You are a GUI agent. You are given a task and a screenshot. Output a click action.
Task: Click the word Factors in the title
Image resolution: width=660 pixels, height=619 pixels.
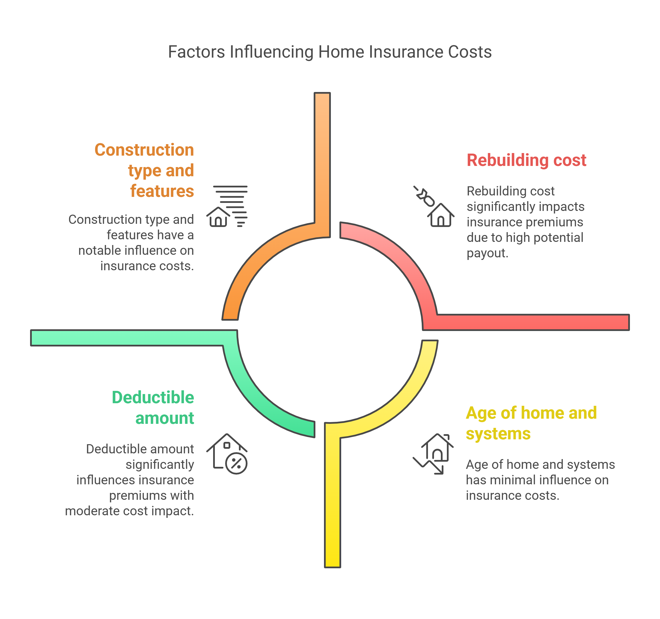tap(196, 52)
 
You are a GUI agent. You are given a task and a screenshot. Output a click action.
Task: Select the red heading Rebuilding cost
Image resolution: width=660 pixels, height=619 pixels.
tap(526, 160)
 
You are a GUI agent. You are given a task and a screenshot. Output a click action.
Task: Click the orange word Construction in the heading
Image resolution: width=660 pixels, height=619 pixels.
tap(144, 150)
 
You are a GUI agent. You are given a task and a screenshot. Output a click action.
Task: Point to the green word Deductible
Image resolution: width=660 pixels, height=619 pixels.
tap(153, 397)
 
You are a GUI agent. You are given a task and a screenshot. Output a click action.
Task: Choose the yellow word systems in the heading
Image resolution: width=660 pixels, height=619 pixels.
tap(498, 434)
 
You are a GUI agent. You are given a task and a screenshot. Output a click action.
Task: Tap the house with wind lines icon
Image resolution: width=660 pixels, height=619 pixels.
tap(227, 207)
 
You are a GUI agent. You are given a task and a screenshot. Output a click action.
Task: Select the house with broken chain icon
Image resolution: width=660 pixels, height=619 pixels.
tap(434, 207)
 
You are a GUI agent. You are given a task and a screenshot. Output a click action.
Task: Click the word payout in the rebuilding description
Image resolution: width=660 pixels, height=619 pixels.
tap(487, 253)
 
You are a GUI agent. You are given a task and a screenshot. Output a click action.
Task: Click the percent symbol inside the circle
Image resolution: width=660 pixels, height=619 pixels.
tap(236, 463)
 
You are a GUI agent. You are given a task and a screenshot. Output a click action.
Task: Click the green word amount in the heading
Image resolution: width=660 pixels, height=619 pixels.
tap(164, 418)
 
